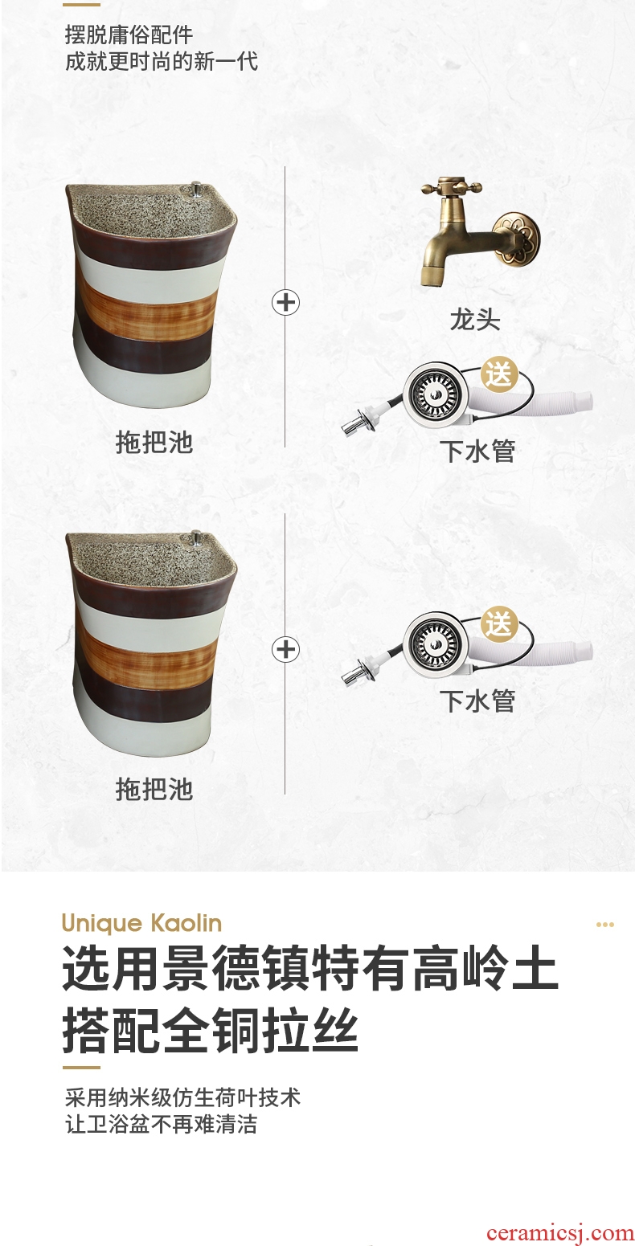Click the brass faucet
(x=478, y=231)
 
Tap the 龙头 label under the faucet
(x=475, y=320)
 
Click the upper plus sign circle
(x=285, y=303)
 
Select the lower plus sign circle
(x=285, y=649)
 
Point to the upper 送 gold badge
(x=498, y=374)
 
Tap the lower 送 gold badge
(x=498, y=624)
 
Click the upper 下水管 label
(x=478, y=451)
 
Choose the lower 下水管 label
(x=478, y=701)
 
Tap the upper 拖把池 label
(x=154, y=442)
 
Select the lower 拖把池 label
(x=154, y=789)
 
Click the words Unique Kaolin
(x=142, y=924)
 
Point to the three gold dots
(x=604, y=925)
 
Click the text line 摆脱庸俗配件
(x=129, y=35)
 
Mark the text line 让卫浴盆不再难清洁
(x=162, y=1124)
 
